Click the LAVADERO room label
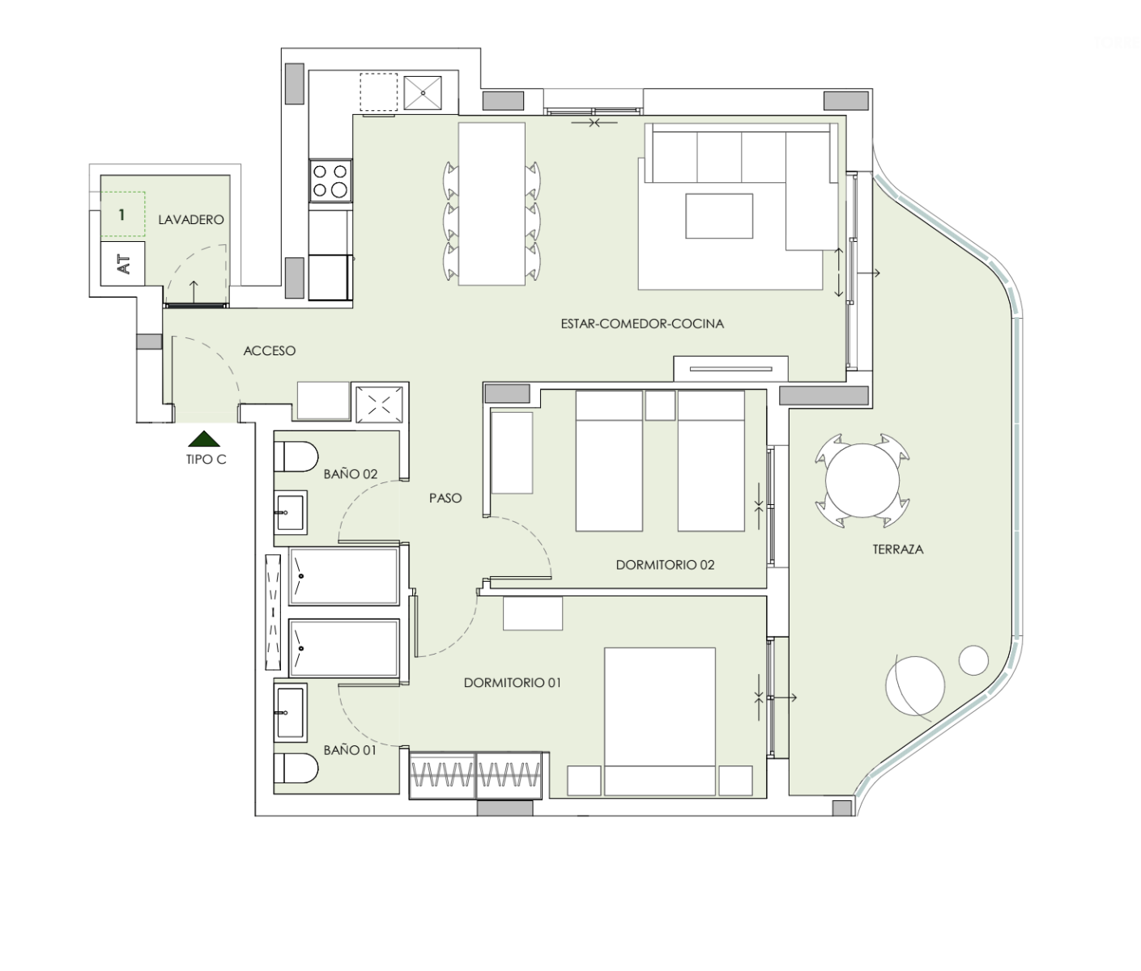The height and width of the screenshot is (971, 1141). point(191,219)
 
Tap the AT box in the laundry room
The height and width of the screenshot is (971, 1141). point(122,264)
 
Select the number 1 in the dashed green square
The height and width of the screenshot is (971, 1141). point(122,214)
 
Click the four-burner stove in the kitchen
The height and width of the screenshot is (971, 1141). point(330,180)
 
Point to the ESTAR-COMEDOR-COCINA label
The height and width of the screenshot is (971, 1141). point(642,324)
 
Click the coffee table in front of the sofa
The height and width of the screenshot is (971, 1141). point(719,216)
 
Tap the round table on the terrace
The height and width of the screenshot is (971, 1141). point(862,481)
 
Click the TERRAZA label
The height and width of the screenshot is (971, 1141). point(897,549)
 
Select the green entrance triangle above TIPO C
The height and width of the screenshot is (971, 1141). point(204,439)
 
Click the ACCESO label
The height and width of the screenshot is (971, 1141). point(270,351)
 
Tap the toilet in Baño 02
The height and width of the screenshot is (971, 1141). point(296,457)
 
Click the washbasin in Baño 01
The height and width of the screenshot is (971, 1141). point(290,712)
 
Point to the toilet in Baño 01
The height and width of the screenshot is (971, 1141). point(296,769)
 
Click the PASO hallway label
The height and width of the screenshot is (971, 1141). point(445,498)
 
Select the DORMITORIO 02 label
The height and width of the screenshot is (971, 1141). point(665,565)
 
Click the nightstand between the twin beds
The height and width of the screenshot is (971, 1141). point(660,405)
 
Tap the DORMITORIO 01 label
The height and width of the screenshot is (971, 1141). point(513,683)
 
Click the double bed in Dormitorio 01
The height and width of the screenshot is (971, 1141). point(660,722)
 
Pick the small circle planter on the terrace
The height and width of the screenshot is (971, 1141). point(973,660)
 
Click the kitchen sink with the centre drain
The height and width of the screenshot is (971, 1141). point(423,93)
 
